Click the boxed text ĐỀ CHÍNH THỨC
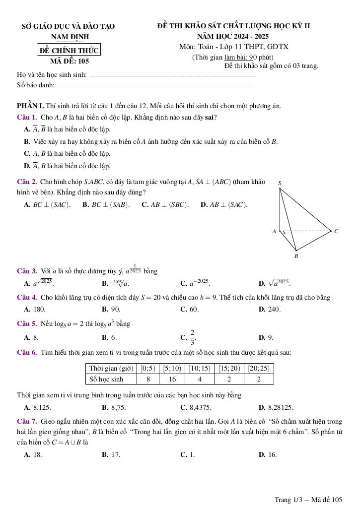pos(70,50)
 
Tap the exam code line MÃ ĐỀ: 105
pos(70,62)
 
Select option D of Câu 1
pos(67,166)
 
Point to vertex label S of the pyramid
pos(280,183)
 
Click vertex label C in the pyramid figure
pos(336,231)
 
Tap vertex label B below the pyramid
pos(296,256)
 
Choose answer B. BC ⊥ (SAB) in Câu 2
pos(106,204)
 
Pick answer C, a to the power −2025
pos(195,284)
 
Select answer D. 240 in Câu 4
pos(270,309)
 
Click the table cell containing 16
pos(172,380)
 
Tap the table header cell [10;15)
pos(200,369)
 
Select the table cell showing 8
pos(148,380)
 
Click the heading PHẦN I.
pos(30,106)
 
